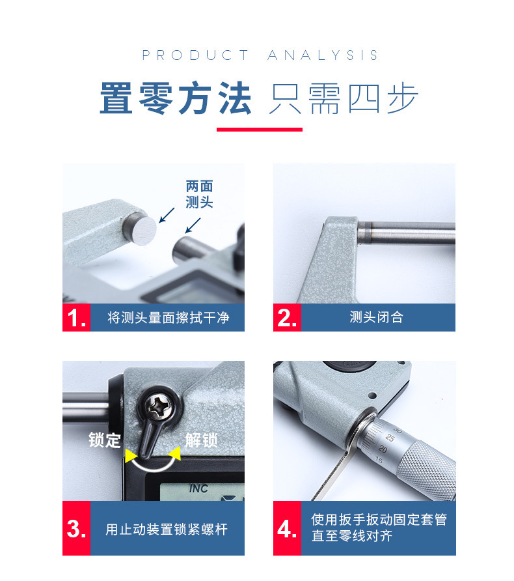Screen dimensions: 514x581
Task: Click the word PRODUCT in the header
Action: point(195,55)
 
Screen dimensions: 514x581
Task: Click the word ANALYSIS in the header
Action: point(323,55)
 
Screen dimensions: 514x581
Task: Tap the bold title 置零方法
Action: point(176,98)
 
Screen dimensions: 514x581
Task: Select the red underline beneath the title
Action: point(260,130)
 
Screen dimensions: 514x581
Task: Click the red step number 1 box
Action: point(76,318)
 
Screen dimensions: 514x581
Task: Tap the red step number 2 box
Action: point(287,318)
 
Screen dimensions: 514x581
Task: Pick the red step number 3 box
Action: point(76,528)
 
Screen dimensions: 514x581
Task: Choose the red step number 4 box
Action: point(287,528)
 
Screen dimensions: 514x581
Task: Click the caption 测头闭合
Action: point(376,318)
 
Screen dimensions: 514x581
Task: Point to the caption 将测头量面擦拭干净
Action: point(169,318)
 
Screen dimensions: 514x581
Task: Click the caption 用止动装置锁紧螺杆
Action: point(167,529)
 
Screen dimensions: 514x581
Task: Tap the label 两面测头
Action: point(200,194)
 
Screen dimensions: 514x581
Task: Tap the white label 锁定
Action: point(105,440)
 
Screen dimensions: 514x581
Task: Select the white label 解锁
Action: point(202,440)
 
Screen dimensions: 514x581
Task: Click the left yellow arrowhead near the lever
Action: point(130,456)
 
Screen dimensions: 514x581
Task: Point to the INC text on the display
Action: point(198,489)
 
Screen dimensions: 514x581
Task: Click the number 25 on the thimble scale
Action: point(390,438)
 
